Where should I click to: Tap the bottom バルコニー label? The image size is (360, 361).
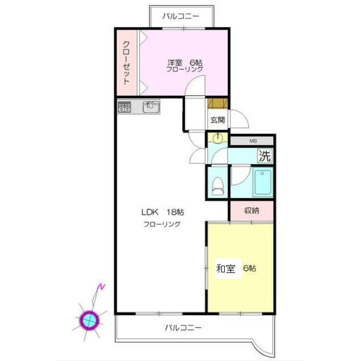coord(184,327)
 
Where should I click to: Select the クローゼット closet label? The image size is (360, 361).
coord(126,63)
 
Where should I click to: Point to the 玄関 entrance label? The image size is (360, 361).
coord(218,120)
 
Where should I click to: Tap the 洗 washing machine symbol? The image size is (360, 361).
coord(265,155)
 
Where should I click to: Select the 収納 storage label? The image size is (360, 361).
coord(251,211)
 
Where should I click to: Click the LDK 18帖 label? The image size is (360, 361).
coord(162,213)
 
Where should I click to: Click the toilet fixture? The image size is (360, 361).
coord(217,185)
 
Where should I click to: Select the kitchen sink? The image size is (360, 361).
coord(151,107)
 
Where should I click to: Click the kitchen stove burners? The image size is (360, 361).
coord(125,107)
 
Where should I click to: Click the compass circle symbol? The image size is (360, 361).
coord(90,320)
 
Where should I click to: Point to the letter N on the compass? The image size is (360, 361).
coord(101,287)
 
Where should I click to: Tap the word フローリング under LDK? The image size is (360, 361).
coord(162,224)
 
